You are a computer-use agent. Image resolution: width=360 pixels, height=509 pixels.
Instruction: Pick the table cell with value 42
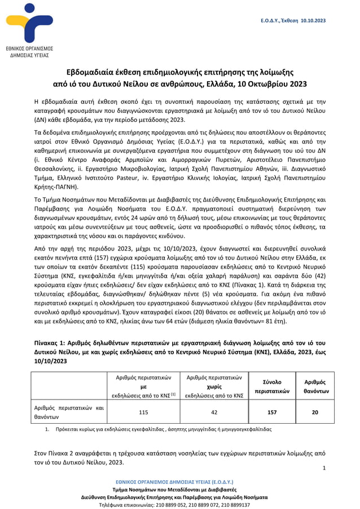point(214,412)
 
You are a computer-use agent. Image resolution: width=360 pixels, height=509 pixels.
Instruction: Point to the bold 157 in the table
point(271,412)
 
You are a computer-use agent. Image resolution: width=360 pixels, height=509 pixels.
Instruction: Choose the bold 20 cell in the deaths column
point(315,412)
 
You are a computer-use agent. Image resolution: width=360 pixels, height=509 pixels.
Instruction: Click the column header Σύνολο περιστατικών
point(271,387)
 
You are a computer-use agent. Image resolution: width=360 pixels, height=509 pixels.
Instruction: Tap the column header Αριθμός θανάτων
point(315,387)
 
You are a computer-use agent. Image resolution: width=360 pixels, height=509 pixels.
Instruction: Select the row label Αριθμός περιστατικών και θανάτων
point(68,412)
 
